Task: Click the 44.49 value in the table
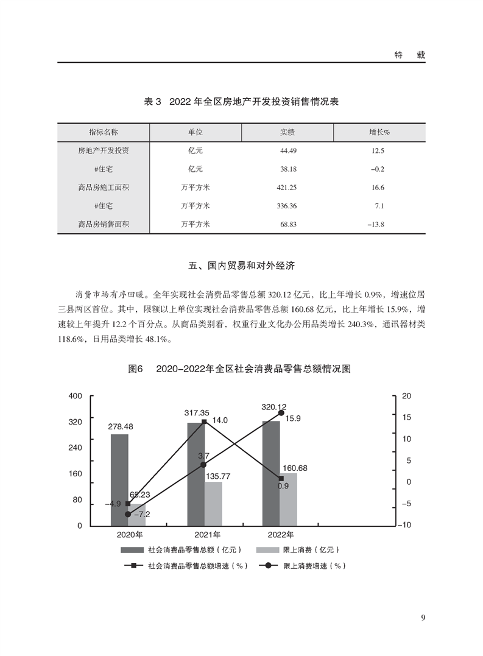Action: pyautogui.click(x=287, y=150)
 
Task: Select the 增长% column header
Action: pyautogui.click(x=379, y=132)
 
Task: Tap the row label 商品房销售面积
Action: pyautogui.click(x=104, y=224)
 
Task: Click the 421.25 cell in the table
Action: pyautogui.click(x=287, y=188)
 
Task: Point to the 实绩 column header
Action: pyautogui.click(x=287, y=132)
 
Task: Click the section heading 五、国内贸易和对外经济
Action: pyautogui.click(x=241, y=266)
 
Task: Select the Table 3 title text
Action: pyautogui.click(x=241, y=102)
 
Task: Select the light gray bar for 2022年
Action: pyautogui.click(x=289, y=499)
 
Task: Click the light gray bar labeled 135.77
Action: pyautogui.click(x=213, y=504)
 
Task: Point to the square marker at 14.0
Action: pyautogui.click(x=204, y=421)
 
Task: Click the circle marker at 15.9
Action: pyautogui.click(x=281, y=413)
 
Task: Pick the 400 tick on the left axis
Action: pyautogui.click(x=75, y=396)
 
